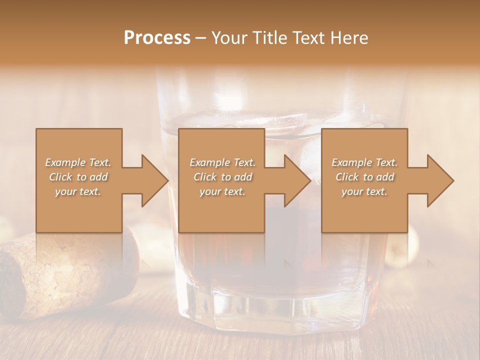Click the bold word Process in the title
tap(157, 38)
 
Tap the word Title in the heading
tap(270, 38)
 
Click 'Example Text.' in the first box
tap(78, 162)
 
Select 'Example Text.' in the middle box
tap(222, 162)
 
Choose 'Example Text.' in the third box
tap(364, 162)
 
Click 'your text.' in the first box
tap(78, 191)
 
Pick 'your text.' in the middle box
tap(222, 191)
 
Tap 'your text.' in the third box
tap(364, 191)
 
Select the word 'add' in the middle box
tap(243, 177)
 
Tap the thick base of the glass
tap(280, 305)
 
